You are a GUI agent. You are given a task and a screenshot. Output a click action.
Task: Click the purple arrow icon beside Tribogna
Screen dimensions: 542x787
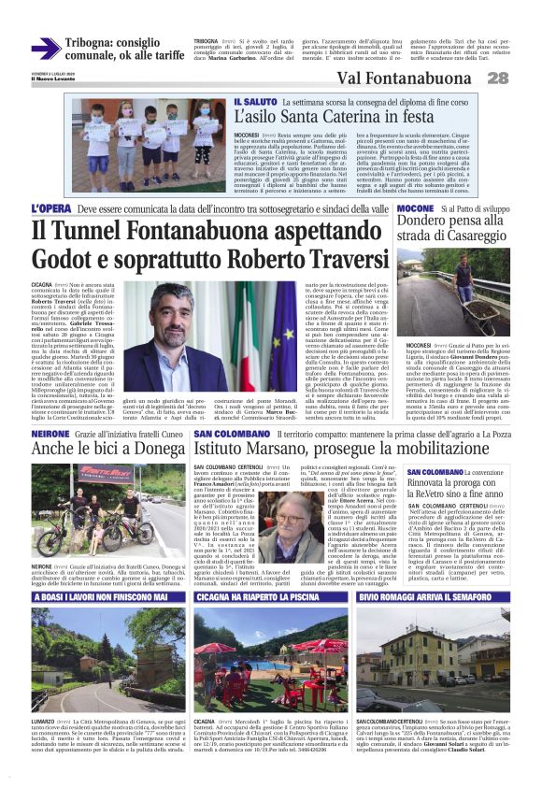pyautogui.click(x=45, y=49)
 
